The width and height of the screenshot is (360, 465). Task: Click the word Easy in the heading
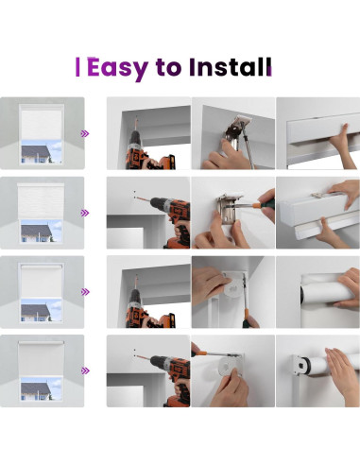pos(117,68)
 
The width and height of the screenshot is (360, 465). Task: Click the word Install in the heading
pos(231,67)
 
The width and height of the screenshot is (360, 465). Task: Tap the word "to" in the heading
pos(168,68)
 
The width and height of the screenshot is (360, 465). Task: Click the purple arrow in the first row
pos(85,133)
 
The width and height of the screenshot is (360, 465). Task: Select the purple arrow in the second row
pos(85,213)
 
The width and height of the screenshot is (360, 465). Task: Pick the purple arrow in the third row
pos(85,292)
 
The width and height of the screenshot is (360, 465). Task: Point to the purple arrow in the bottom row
pos(85,370)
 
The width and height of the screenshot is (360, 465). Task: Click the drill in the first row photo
pos(145,148)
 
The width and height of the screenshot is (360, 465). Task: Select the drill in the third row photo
pos(145,306)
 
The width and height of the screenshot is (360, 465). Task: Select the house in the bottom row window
pos(36,391)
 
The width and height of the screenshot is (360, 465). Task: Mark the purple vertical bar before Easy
pos(77,67)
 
